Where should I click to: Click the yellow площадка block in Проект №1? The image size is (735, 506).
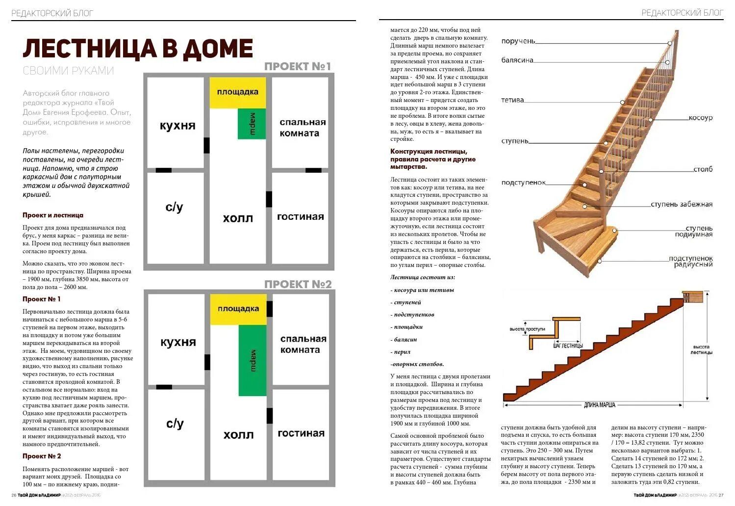(238, 92)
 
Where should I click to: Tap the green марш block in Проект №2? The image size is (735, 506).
(253, 360)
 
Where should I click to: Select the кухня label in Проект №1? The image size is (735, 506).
(177, 126)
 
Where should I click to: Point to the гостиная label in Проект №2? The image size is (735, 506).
(301, 433)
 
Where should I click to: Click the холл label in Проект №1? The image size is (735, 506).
(238, 218)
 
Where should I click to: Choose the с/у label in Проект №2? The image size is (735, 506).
(175, 424)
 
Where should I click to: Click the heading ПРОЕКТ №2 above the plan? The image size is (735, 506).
(298, 284)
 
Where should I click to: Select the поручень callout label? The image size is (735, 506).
(518, 41)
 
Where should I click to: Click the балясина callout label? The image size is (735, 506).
(517, 60)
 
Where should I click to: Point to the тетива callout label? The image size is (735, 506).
(512, 100)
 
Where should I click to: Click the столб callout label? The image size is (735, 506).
(703, 169)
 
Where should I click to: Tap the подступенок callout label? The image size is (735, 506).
(523, 183)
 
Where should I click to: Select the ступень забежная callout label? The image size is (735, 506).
(682, 204)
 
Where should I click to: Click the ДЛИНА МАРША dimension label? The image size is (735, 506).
(599, 405)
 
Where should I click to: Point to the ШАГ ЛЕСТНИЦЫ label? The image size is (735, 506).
(568, 346)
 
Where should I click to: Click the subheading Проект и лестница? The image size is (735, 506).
(53, 215)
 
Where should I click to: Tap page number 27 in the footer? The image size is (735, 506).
(721, 495)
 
